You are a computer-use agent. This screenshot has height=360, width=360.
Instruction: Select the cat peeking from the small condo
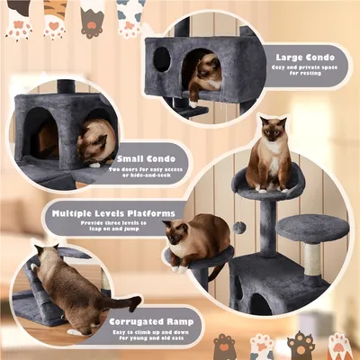(x=94, y=142)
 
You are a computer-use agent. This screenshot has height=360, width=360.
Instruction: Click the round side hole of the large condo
(x=162, y=59)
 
